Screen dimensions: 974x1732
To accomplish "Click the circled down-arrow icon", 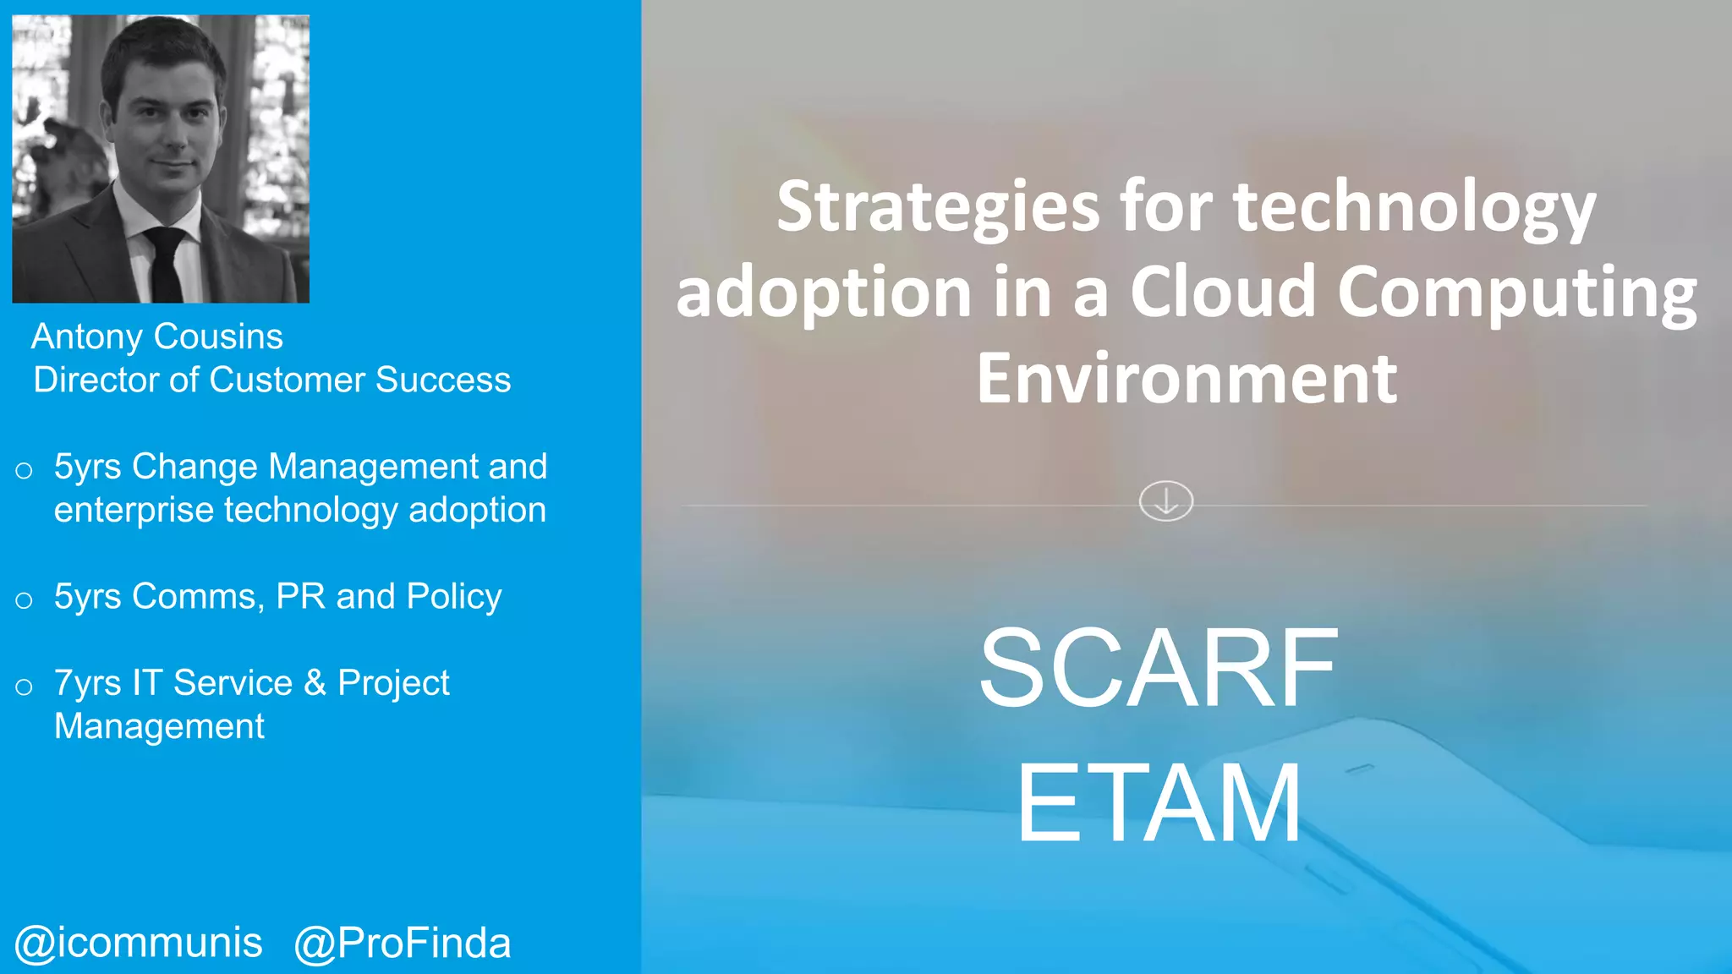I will pos(1165,501).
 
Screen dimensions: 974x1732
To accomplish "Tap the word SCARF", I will pos(1159,668).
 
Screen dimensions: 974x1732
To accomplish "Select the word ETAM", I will pos(1159,803).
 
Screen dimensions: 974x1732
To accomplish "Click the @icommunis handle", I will pos(139,943).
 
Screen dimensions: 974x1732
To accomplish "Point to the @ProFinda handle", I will pos(403,943).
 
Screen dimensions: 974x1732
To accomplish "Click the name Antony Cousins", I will pos(157,337).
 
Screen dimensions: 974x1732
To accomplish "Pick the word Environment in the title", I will pos(1187,378).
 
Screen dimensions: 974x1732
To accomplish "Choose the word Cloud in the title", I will pos(1223,292).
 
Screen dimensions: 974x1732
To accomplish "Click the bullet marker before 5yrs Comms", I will pos(24,600).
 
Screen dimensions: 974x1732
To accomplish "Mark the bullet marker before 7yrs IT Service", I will pos(24,687).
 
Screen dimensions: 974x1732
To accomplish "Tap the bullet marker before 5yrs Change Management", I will pos(24,470).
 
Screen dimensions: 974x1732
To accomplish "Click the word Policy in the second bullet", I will pos(454,597).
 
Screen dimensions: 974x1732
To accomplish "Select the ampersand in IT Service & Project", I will pos(315,682).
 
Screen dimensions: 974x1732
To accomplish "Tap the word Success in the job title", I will pos(443,380).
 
